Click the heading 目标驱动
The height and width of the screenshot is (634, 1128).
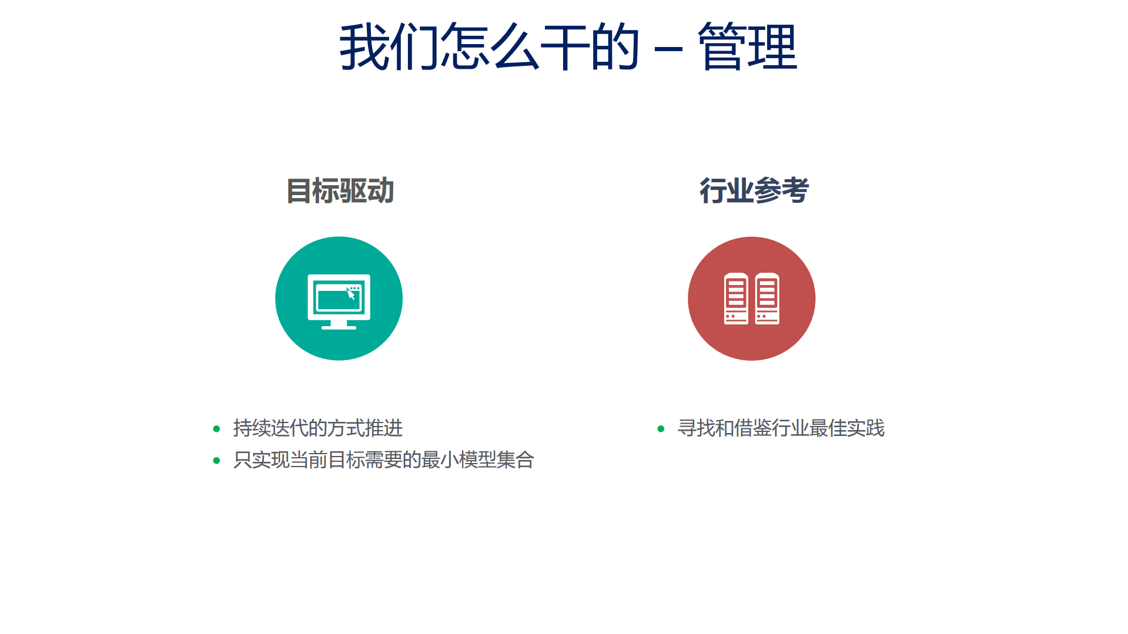pyautogui.click(x=340, y=191)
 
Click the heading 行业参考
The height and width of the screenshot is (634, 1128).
pyautogui.click(x=754, y=191)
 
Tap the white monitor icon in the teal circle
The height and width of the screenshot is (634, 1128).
pyautogui.click(x=339, y=300)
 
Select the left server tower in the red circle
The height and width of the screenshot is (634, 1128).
pyautogui.click(x=736, y=298)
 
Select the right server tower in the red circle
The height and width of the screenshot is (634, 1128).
pyautogui.click(x=767, y=298)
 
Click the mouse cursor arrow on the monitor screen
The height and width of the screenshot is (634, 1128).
pyautogui.click(x=351, y=294)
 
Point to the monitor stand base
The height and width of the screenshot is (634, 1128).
pyautogui.click(x=339, y=327)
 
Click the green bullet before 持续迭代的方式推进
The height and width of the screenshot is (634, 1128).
pyautogui.click(x=216, y=429)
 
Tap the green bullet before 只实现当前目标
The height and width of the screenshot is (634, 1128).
pyautogui.click(x=216, y=461)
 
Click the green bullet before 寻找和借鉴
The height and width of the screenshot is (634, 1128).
pyautogui.click(x=661, y=429)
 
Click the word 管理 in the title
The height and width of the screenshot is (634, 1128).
pyautogui.click(x=747, y=47)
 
